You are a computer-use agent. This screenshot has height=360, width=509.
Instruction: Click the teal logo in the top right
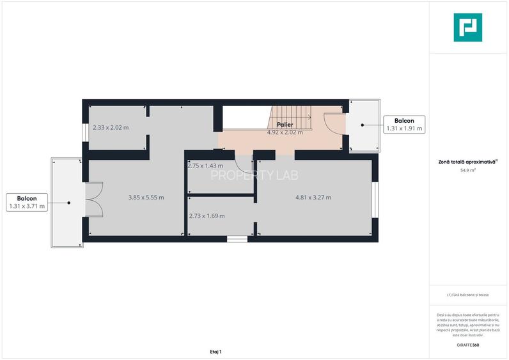[468, 27]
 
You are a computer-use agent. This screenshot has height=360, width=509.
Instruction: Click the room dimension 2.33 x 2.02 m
[111, 127]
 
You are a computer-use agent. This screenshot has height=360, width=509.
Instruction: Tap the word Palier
[285, 125]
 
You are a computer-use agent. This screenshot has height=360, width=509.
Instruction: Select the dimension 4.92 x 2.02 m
[285, 132]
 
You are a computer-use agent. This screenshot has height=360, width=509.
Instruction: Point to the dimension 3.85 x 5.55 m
[146, 198]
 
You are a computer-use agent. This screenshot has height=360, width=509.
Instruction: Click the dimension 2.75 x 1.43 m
[205, 166]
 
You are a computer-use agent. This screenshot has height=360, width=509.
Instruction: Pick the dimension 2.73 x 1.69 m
[207, 216]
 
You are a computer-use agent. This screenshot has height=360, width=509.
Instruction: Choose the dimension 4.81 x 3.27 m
[313, 198]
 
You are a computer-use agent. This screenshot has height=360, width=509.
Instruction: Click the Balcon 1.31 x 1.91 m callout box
[404, 125]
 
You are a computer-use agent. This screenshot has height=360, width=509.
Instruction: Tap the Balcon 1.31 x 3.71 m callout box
[26, 202]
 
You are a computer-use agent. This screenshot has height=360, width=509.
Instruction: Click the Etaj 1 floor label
[215, 352]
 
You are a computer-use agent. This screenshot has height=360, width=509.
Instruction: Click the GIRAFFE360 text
[468, 345]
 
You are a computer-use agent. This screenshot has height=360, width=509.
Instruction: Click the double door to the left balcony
[93, 200]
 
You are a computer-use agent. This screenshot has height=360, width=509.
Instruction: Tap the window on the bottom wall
[237, 239]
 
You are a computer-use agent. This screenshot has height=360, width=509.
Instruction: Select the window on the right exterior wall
[375, 198]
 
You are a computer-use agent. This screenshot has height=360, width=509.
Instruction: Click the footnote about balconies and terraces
[468, 295]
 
